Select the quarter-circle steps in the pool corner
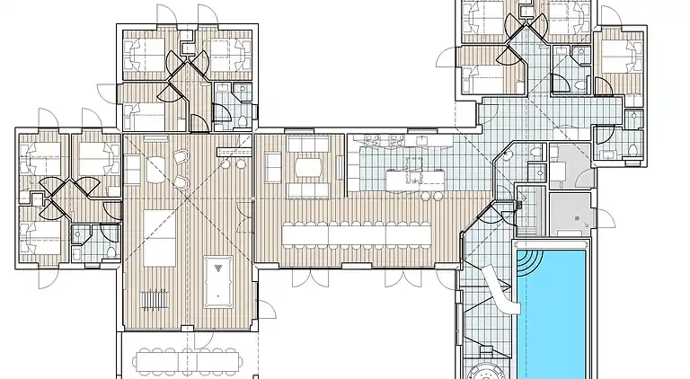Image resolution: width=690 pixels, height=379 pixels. pyautogui.click(x=528, y=260)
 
